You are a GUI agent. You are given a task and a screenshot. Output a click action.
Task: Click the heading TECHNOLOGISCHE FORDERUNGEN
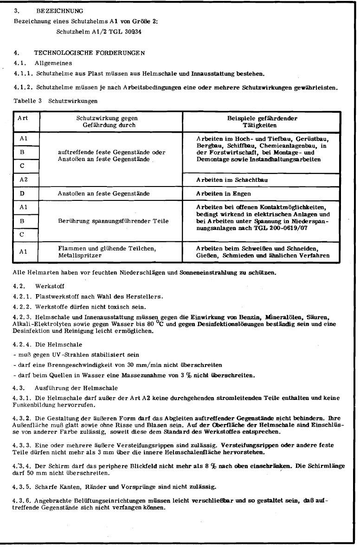[89, 53]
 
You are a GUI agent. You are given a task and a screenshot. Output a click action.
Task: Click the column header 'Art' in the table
[23, 118]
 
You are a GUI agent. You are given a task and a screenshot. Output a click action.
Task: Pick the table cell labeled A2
[23, 179]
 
